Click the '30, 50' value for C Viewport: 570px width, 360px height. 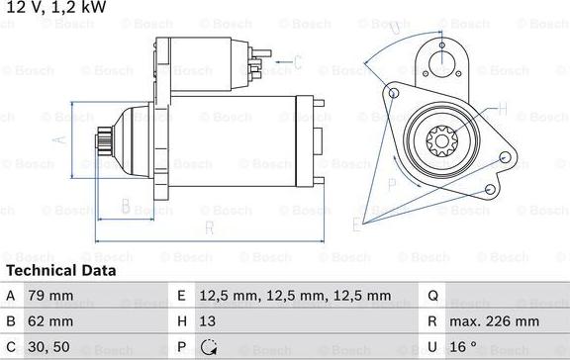(49, 347)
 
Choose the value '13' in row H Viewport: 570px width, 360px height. (209, 321)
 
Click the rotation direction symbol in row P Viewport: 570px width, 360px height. (209, 347)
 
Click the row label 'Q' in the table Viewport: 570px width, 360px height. (431, 295)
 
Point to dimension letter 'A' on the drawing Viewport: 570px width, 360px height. (62, 139)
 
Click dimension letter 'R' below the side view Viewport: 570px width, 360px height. (209, 229)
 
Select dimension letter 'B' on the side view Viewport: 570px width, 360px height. (126, 206)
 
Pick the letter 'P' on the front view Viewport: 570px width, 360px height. (392, 184)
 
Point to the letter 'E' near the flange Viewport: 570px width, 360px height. (357, 226)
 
